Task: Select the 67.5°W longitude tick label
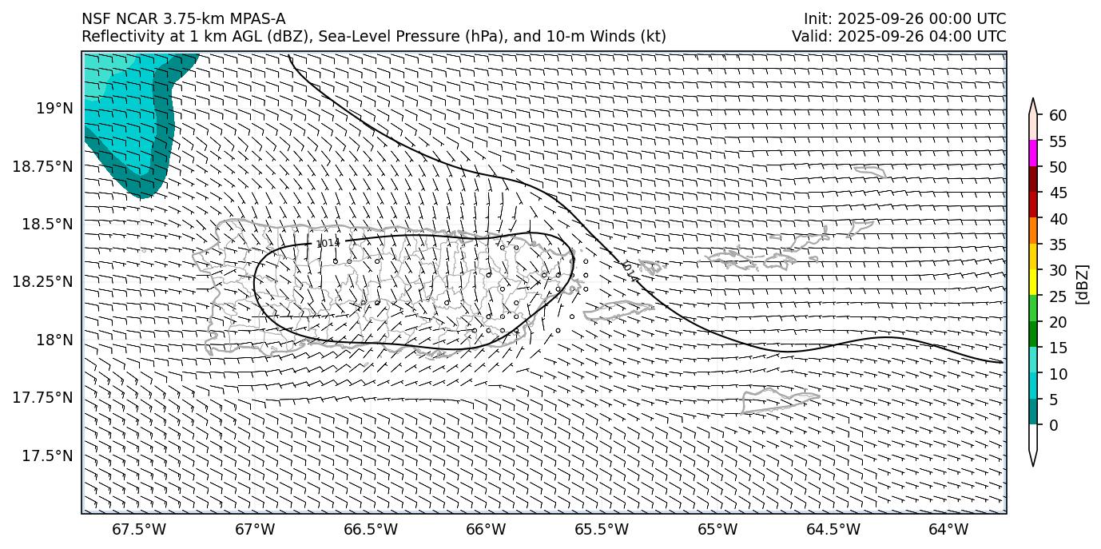[139, 530]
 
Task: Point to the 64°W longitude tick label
[948, 530]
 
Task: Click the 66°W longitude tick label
[486, 530]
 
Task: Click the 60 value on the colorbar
[1058, 116]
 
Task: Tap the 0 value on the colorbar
[1053, 425]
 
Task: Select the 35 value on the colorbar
[1058, 245]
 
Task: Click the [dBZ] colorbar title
[1083, 284]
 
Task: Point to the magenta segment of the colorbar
[1033, 153]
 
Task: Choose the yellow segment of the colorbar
[1033, 282]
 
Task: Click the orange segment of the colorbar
[1033, 231]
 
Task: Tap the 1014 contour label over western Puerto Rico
[328, 243]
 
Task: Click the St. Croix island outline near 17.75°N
[779, 400]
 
